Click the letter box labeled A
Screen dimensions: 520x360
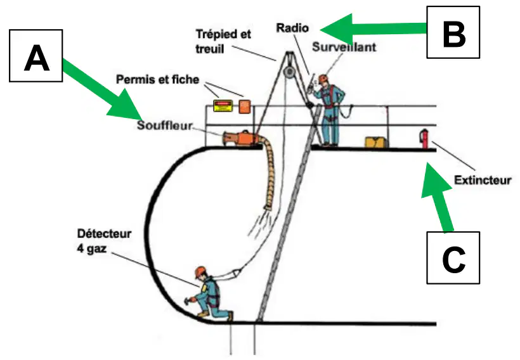36,56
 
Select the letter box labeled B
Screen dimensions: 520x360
453,32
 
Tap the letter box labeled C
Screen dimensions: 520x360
453,258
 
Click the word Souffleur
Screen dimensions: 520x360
165,125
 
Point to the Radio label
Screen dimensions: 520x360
292,28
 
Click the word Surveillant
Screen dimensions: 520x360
344,47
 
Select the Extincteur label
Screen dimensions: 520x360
483,180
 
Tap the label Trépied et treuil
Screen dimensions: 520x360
223,41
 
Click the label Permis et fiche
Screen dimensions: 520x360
157,79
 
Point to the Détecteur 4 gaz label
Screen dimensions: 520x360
104,241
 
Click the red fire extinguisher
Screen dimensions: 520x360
424,139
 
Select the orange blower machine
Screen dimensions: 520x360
240,138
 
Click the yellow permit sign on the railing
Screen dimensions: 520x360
223,106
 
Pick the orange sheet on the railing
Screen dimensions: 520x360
245,106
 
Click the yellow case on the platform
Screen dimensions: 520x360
376,142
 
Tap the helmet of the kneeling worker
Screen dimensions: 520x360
200,271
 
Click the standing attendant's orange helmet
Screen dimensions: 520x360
323,79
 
